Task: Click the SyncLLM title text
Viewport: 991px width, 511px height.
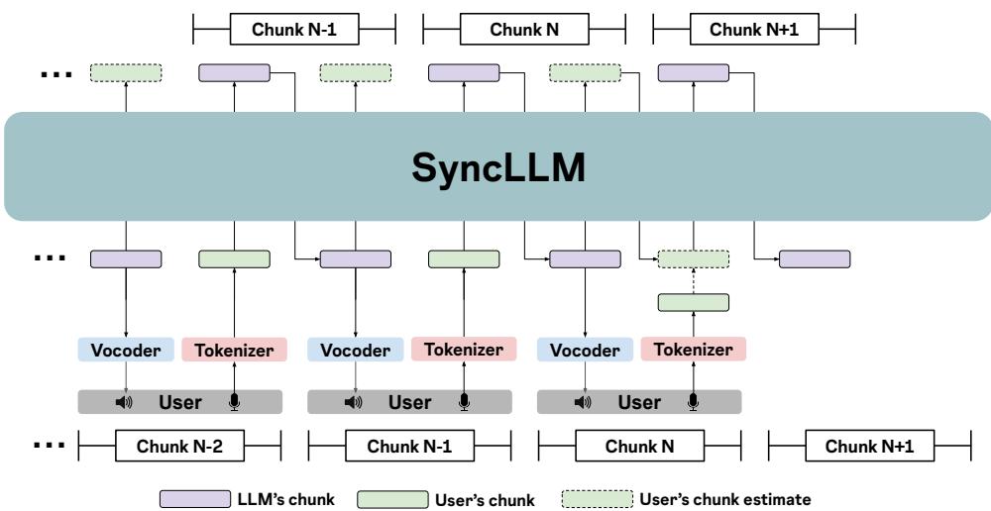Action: point(499,167)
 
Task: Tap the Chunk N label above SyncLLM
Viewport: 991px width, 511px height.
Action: point(524,30)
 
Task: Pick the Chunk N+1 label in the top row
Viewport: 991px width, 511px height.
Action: point(755,30)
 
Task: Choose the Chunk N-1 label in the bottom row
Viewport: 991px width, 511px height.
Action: point(409,447)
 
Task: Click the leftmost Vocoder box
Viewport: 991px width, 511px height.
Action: point(126,350)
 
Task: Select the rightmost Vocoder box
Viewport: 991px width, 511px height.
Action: point(585,350)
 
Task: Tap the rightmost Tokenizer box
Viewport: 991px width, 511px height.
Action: point(694,350)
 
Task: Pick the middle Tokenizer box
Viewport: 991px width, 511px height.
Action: point(464,350)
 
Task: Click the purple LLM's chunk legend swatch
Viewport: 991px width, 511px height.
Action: point(195,500)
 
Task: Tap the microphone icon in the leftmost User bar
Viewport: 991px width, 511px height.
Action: point(234,402)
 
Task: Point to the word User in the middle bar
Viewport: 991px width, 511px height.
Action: point(409,402)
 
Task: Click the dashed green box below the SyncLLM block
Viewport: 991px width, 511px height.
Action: point(694,259)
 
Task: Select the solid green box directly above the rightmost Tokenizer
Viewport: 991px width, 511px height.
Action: point(694,302)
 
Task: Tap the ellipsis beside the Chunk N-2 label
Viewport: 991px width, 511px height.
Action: point(50,445)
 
